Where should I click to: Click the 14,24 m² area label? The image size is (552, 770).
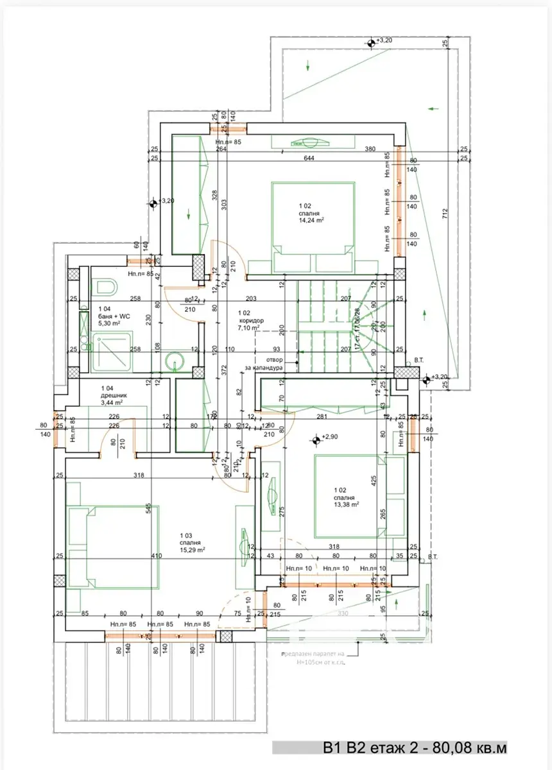[x=310, y=219]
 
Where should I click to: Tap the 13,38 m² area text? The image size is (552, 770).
[x=345, y=504]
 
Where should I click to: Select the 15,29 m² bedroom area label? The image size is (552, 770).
[x=193, y=550]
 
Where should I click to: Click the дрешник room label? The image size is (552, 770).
[x=114, y=396]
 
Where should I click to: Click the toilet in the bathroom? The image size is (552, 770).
[x=105, y=287]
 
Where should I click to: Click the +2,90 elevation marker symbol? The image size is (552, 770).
[x=316, y=440]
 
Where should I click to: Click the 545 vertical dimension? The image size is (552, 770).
[x=147, y=508]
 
